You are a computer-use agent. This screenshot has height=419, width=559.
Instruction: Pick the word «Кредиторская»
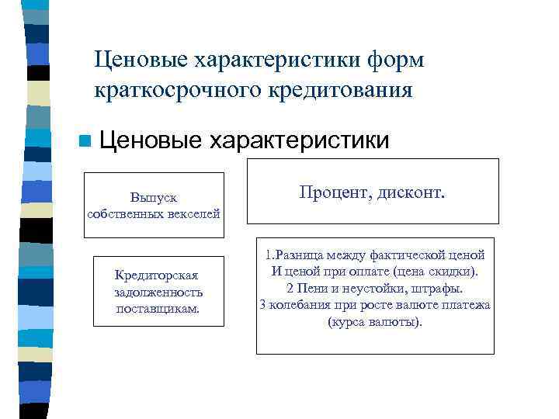coord(156,275)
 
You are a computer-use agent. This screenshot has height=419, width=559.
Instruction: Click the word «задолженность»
coord(158,292)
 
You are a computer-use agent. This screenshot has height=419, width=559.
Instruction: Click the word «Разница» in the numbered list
coord(296,255)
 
